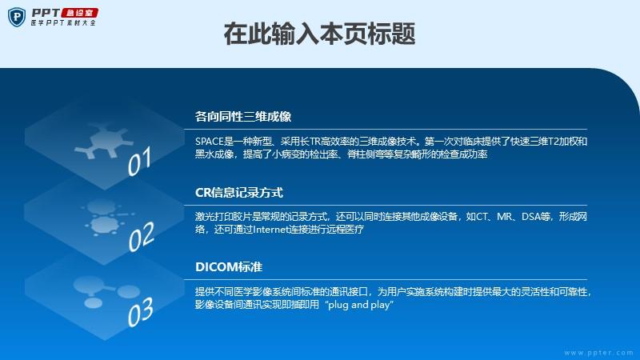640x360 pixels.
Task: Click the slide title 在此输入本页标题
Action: [319, 34]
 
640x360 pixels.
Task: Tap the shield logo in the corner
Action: [16, 17]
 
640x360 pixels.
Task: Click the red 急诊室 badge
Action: [79, 13]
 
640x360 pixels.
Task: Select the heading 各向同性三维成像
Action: [243, 117]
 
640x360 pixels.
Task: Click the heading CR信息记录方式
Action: [238, 192]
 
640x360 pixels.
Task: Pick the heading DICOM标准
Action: [229, 267]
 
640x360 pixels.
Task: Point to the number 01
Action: [139, 161]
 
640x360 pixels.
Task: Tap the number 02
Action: [142, 236]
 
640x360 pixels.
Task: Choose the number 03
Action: [141, 312]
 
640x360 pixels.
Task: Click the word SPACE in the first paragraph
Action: [210, 142]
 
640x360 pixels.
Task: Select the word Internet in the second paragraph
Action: [270, 230]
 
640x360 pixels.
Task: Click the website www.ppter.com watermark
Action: [598, 353]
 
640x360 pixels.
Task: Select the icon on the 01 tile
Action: [104, 140]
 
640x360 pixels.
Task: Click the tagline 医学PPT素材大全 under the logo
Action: [63, 23]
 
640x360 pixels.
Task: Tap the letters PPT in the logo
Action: [46, 13]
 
